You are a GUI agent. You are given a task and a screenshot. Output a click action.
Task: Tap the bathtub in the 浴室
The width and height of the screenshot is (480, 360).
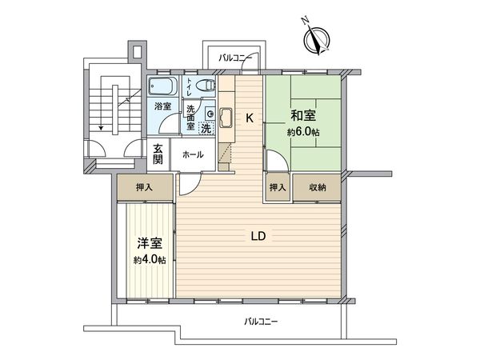point(164,86)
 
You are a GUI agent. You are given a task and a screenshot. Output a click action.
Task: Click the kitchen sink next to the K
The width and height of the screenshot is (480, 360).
point(224,118)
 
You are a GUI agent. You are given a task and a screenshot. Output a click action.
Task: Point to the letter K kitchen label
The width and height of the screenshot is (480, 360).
point(249,118)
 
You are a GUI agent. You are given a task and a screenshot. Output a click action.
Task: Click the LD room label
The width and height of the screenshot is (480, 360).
point(258,237)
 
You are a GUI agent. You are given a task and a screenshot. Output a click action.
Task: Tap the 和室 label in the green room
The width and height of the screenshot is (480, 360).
point(302,115)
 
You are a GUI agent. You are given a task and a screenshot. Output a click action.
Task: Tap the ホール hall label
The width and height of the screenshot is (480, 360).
point(193,155)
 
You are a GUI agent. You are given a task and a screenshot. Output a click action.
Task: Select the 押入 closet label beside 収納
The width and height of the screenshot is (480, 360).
point(277,187)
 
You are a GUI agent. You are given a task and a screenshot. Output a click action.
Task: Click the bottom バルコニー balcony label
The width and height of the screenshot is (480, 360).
point(260,322)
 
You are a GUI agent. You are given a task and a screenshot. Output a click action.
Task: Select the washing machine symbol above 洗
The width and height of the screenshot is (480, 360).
point(209,113)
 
